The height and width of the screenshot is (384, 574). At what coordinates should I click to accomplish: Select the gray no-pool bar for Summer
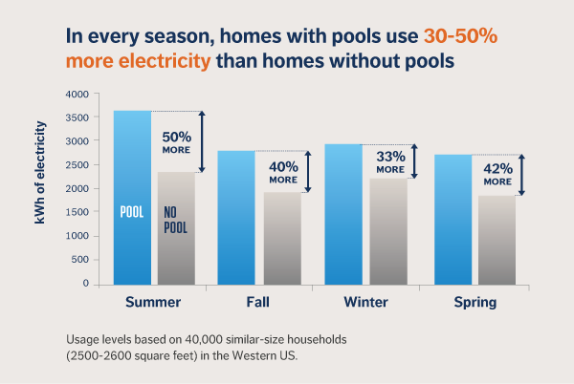[x=176, y=228]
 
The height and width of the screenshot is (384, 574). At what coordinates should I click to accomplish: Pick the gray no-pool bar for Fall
[x=282, y=238]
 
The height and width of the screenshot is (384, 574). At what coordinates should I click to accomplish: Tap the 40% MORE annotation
[x=283, y=172]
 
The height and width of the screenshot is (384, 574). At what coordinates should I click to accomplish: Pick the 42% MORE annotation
[x=497, y=174]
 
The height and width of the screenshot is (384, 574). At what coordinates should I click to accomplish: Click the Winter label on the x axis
[x=365, y=304]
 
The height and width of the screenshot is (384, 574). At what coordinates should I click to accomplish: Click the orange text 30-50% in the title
[x=461, y=38]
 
